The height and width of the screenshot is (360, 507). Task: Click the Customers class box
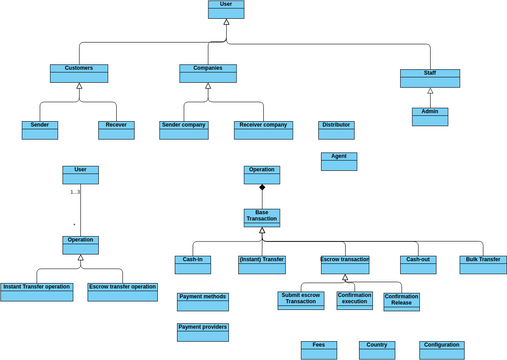[79, 73]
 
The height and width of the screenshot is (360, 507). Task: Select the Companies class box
[208, 73]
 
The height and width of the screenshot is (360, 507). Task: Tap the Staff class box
[430, 78]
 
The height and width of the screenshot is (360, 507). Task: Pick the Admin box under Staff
[430, 116]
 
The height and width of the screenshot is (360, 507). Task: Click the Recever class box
[116, 130]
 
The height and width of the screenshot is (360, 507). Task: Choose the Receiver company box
[263, 130]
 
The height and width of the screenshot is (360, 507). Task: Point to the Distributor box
[336, 130]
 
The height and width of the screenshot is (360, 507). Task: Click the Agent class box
[339, 161]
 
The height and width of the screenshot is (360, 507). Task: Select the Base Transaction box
[262, 217]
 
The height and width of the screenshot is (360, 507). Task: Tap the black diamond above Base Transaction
[262, 188]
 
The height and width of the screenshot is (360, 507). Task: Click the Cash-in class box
[193, 264]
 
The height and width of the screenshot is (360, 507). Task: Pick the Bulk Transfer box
[483, 264]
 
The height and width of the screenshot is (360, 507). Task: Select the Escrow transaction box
[345, 264]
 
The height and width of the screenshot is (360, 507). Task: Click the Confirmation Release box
[401, 301]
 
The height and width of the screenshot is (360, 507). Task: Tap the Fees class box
[319, 350]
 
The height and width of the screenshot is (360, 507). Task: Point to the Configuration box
[442, 350]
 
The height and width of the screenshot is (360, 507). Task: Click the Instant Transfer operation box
[37, 292]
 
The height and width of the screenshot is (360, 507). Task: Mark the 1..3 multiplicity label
[75, 192]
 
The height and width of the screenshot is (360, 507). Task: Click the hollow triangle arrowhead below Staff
[430, 92]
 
